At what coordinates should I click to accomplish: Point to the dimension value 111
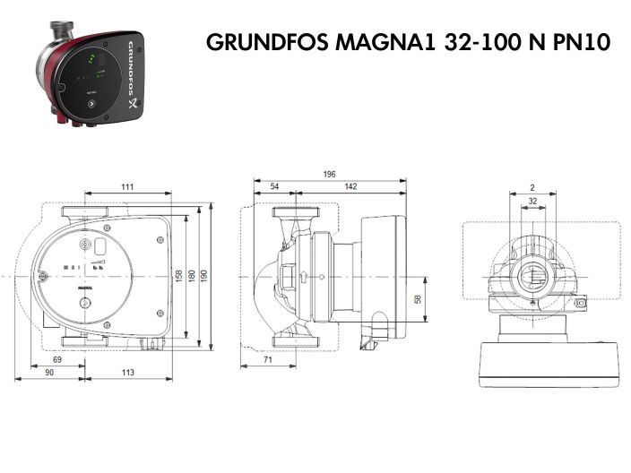click(x=127, y=186)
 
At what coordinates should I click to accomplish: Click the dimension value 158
click(x=178, y=274)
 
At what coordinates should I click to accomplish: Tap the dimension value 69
click(x=57, y=359)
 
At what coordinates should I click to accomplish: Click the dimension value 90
click(x=48, y=373)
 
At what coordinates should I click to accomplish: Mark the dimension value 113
click(x=127, y=373)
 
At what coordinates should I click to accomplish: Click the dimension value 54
click(x=274, y=186)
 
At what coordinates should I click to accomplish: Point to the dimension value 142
click(x=350, y=186)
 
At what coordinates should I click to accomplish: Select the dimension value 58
click(x=418, y=299)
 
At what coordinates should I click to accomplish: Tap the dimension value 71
click(x=269, y=359)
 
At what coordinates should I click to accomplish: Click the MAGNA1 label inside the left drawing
click(x=86, y=288)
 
